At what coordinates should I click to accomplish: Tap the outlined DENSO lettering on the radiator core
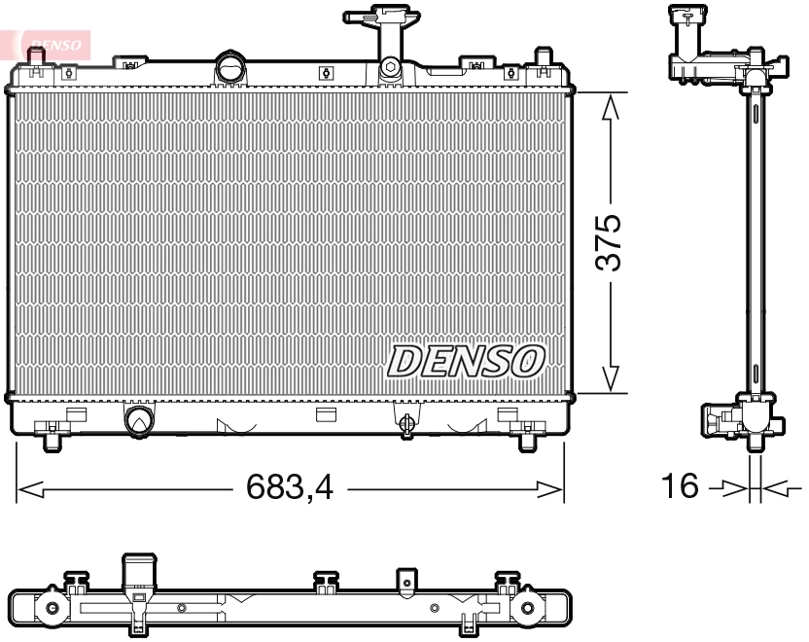pyautogui.click(x=466, y=361)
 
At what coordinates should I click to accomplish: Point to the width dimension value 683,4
pyautogui.click(x=289, y=487)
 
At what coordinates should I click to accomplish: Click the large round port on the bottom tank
pyautogui.click(x=139, y=419)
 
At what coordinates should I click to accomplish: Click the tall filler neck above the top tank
pyautogui.click(x=389, y=39)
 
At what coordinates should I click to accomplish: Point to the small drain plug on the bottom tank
pyautogui.click(x=407, y=421)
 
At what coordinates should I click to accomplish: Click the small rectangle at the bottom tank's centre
pyautogui.click(x=326, y=414)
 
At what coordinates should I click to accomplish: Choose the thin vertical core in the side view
pyautogui.click(x=756, y=243)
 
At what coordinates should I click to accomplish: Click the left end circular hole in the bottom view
pyautogui.click(x=51, y=610)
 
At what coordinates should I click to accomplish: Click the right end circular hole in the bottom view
pyautogui.click(x=527, y=610)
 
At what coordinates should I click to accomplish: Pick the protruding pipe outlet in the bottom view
pyautogui.click(x=137, y=574)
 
